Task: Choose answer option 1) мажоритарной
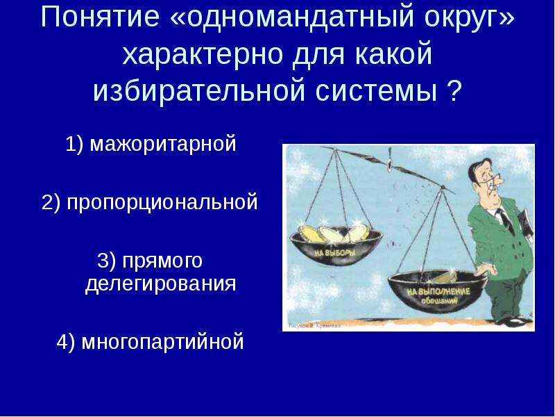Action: coord(151,145)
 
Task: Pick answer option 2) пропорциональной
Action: coord(149,203)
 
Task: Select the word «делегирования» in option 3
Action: coord(160,284)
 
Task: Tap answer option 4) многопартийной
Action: coord(150,342)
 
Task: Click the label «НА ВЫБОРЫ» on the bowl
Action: coord(334,254)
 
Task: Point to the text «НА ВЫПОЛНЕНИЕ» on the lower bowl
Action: coord(438,290)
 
